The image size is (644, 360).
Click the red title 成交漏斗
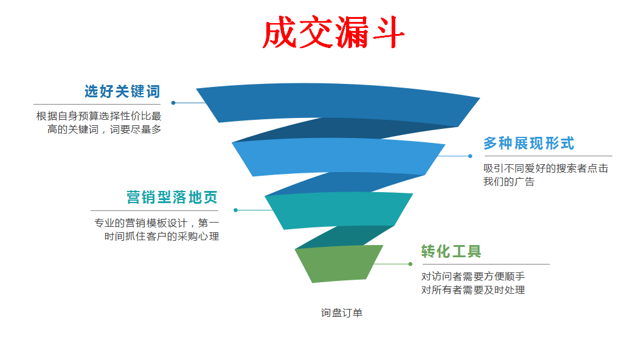pos(333,33)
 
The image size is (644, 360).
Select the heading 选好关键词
pos(122,92)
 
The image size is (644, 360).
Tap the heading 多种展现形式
pos(528,144)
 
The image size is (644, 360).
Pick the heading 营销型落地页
pos(171,198)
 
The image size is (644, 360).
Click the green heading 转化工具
pos(451,251)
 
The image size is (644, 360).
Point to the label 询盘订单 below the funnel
pos(341,313)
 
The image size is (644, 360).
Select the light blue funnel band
pos(338,157)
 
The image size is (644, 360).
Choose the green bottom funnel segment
pos(339,263)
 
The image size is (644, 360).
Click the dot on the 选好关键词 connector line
pos(173,103)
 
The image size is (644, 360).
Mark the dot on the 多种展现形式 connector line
pos(470,156)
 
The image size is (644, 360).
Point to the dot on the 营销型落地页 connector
pos(235,210)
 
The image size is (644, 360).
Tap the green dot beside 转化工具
pos(410,264)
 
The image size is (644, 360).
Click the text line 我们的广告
pos(508,182)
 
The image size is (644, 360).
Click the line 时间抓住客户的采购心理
pos(161,236)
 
